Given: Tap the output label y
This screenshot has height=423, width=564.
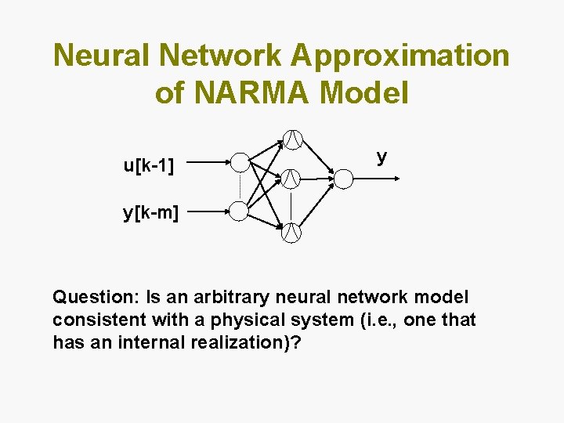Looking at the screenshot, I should pyautogui.click(x=381, y=158).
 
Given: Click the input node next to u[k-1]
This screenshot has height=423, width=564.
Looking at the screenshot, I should pyautogui.click(x=239, y=163).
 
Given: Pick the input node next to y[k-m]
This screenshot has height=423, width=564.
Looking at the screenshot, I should pyautogui.click(x=239, y=210).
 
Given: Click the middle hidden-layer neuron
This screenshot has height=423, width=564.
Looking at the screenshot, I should pyautogui.click(x=291, y=179).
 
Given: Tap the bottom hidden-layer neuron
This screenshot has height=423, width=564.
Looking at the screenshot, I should pyautogui.click(x=291, y=232).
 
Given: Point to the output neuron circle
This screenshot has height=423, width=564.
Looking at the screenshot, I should pyautogui.click(x=343, y=179).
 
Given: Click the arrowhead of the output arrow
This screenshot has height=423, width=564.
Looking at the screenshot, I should pyautogui.click(x=397, y=179).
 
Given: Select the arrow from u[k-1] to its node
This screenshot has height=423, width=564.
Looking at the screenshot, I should pyautogui.click(x=208, y=163).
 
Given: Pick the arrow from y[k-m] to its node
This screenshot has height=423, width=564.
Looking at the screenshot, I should pyautogui.click(x=208, y=210).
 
